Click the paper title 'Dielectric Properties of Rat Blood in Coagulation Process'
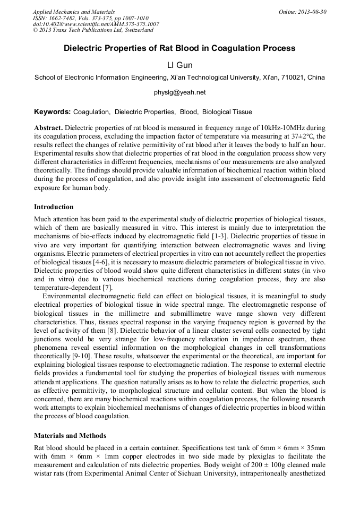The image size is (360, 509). tap(179, 48)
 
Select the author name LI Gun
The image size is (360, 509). tap(179, 65)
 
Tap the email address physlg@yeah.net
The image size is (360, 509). tap(179, 92)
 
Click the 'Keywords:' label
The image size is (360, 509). tap(52, 112)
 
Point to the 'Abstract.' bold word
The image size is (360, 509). tap(48, 128)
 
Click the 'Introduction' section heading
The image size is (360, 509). tap(54, 206)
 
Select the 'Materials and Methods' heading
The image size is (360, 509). tap(70, 436)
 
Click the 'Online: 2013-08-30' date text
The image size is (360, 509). tap(303, 12)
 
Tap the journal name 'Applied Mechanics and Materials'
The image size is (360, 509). tap(73, 12)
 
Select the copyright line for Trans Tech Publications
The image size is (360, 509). tap(93, 30)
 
